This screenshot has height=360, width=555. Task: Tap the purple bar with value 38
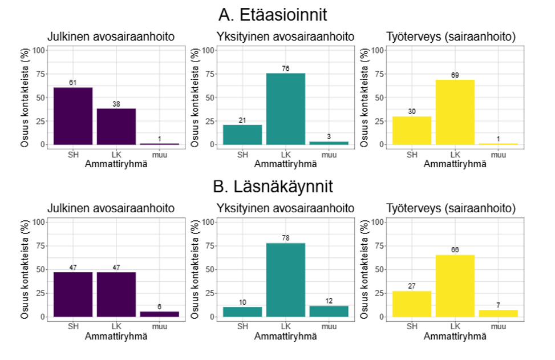click(116, 127)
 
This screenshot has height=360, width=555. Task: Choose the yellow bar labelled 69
click(455, 112)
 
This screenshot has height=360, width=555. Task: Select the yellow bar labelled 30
click(412, 130)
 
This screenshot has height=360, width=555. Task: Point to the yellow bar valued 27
click(412, 304)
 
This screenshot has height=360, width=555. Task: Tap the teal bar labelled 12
click(329, 311)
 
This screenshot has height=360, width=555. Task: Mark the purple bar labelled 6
click(160, 314)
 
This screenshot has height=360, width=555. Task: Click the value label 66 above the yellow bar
click(455, 249)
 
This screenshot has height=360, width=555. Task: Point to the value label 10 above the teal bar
click(242, 302)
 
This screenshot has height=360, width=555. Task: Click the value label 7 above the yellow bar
click(499, 305)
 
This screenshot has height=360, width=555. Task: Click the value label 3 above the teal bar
click(329, 137)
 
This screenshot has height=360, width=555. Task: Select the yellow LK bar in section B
click(455, 285)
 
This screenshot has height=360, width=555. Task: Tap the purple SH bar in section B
click(72, 294)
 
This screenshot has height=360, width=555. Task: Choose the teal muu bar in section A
click(329, 143)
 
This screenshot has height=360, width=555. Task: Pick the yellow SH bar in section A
click(412, 130)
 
